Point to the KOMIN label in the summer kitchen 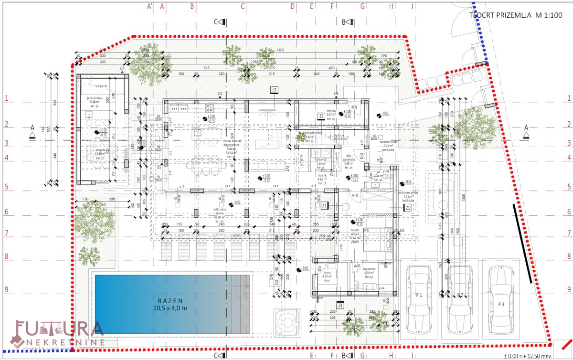pos(101,86)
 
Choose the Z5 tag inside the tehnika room pos(321,116)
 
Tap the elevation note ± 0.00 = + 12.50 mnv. pos(542,355)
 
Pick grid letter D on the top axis pos(293,6)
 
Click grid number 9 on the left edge pos(7,289)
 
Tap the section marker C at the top pos(220,22)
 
